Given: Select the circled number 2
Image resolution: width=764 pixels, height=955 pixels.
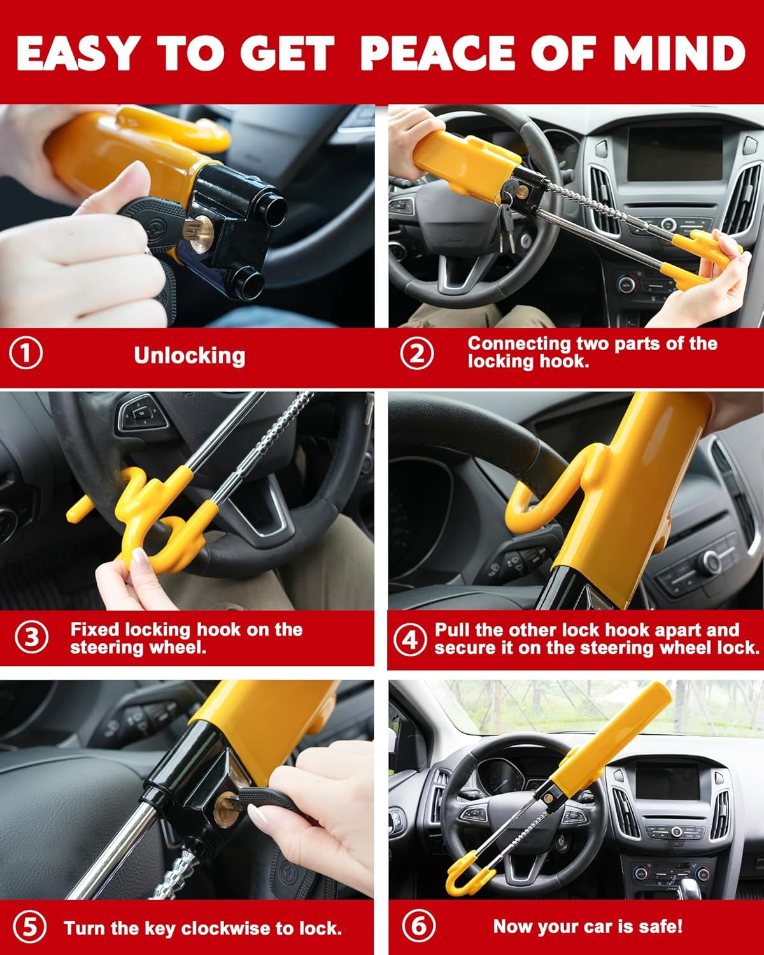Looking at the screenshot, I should click(x=416, y=353).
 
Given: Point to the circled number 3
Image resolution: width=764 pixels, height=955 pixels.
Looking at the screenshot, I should click(x=31, y=637).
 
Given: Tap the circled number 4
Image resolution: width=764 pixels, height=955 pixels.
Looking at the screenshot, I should click(x=409, y=639).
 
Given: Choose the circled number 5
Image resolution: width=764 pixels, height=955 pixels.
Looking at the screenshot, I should click(x=29, y=928).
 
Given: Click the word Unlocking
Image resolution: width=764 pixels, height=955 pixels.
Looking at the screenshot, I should click(x=189, y=355).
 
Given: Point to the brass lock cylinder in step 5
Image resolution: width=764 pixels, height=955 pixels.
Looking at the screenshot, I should click(x=223, y=809).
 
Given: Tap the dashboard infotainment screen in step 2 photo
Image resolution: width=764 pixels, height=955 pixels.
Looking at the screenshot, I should click(x=675, y=153).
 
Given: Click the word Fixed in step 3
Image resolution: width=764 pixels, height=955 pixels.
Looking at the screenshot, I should click(x=95, y=630).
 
